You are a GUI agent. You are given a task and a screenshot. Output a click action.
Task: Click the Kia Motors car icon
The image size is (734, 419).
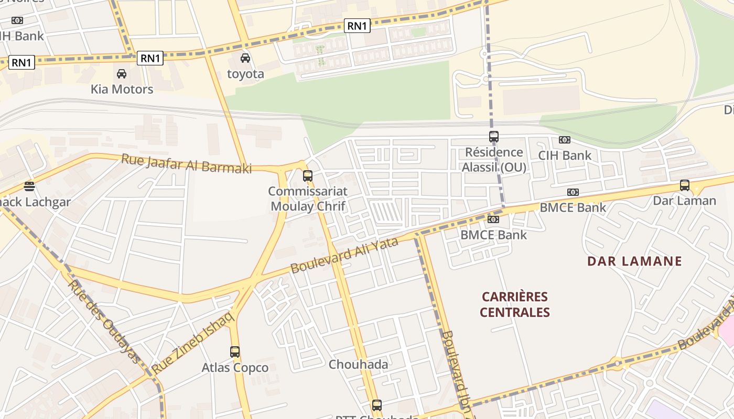(x=122, y=74)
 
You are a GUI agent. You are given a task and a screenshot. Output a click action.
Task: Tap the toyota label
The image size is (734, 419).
(x=245, y=74)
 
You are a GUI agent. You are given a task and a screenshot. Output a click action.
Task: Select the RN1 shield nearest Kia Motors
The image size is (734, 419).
(x=150, y=58)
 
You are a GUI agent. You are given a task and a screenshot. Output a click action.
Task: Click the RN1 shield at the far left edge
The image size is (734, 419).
(x=21, y=63)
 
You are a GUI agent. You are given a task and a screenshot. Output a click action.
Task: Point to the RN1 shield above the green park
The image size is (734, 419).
(x=357, y=25)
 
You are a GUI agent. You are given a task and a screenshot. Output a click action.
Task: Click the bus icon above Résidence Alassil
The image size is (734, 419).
(x=493, y=137)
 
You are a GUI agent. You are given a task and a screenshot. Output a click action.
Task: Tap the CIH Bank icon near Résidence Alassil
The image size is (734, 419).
(x=564, y=140)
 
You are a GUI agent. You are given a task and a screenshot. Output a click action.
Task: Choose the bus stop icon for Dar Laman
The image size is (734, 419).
(x=684, y=185)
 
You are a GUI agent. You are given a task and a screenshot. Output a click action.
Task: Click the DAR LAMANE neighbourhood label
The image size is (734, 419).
(x=634, y=261)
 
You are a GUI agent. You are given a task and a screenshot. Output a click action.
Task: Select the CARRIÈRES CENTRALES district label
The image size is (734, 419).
(x=514, y=304)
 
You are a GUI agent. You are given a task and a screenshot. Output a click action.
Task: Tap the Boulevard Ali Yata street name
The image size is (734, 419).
(x=344, y=255)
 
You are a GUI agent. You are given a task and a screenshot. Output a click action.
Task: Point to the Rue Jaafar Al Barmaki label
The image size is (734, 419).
(x=186, y=163)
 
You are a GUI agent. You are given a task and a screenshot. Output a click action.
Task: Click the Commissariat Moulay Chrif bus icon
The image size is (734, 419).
(x=308, y=176)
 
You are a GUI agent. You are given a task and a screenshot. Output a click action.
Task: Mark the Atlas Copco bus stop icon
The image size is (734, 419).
(x=235, y=351)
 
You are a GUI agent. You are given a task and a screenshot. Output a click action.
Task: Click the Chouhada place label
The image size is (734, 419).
(x=358, y=364)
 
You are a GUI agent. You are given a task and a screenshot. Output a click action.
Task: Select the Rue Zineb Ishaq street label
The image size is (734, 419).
(x=192, y=342)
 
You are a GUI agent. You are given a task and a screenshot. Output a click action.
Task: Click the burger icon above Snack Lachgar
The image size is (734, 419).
(x=29, y=186)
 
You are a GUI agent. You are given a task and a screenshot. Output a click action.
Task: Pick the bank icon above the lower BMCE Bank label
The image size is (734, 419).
(x=493, y=219)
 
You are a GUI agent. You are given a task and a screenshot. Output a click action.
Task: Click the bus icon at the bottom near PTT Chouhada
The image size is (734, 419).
(x=376, y=405)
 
